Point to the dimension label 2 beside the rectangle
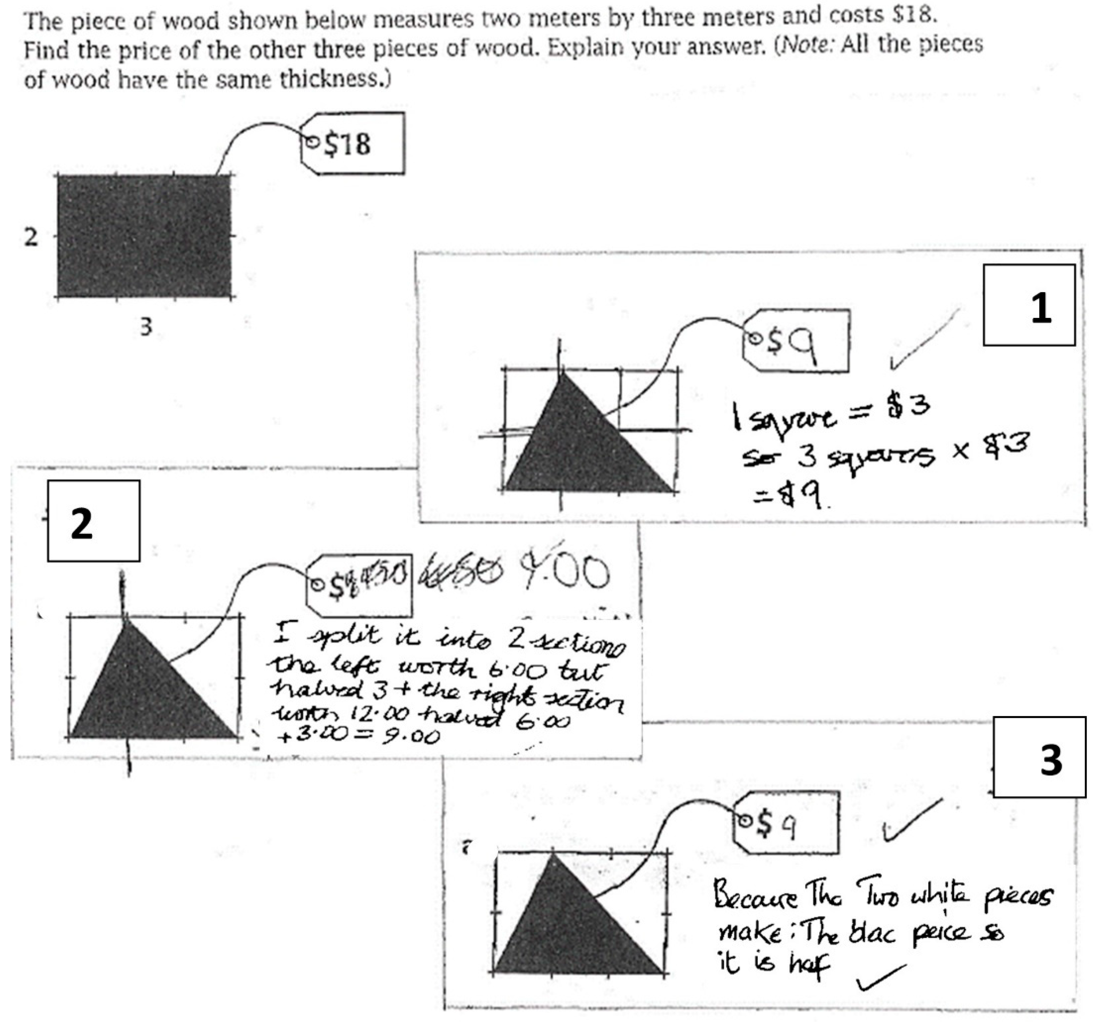click(31, 237)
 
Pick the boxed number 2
click(93, 521)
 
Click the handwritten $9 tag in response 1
click(796, 341)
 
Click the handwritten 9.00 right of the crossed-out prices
click(563, 572)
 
